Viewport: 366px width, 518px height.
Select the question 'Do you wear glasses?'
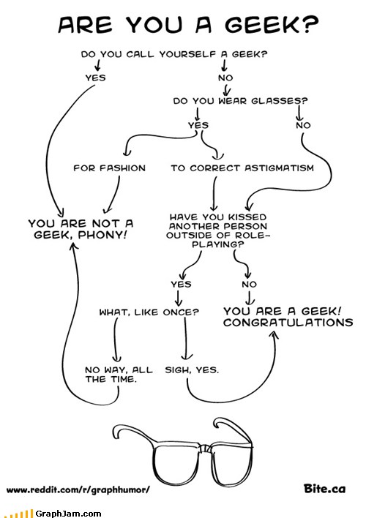coord(240,101)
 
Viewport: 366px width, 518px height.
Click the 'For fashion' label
coord(110,168)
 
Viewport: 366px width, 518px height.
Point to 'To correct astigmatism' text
coord(242,168)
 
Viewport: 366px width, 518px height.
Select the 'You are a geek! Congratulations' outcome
coord(288,317)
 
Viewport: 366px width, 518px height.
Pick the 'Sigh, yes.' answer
coord(192,370)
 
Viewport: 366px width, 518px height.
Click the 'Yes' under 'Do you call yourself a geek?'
coord(95,77)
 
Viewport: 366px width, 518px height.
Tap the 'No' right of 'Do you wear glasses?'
coord(302,125)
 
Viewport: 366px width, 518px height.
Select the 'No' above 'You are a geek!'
coord(250,284)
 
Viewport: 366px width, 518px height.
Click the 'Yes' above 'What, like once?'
coord(181,284)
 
